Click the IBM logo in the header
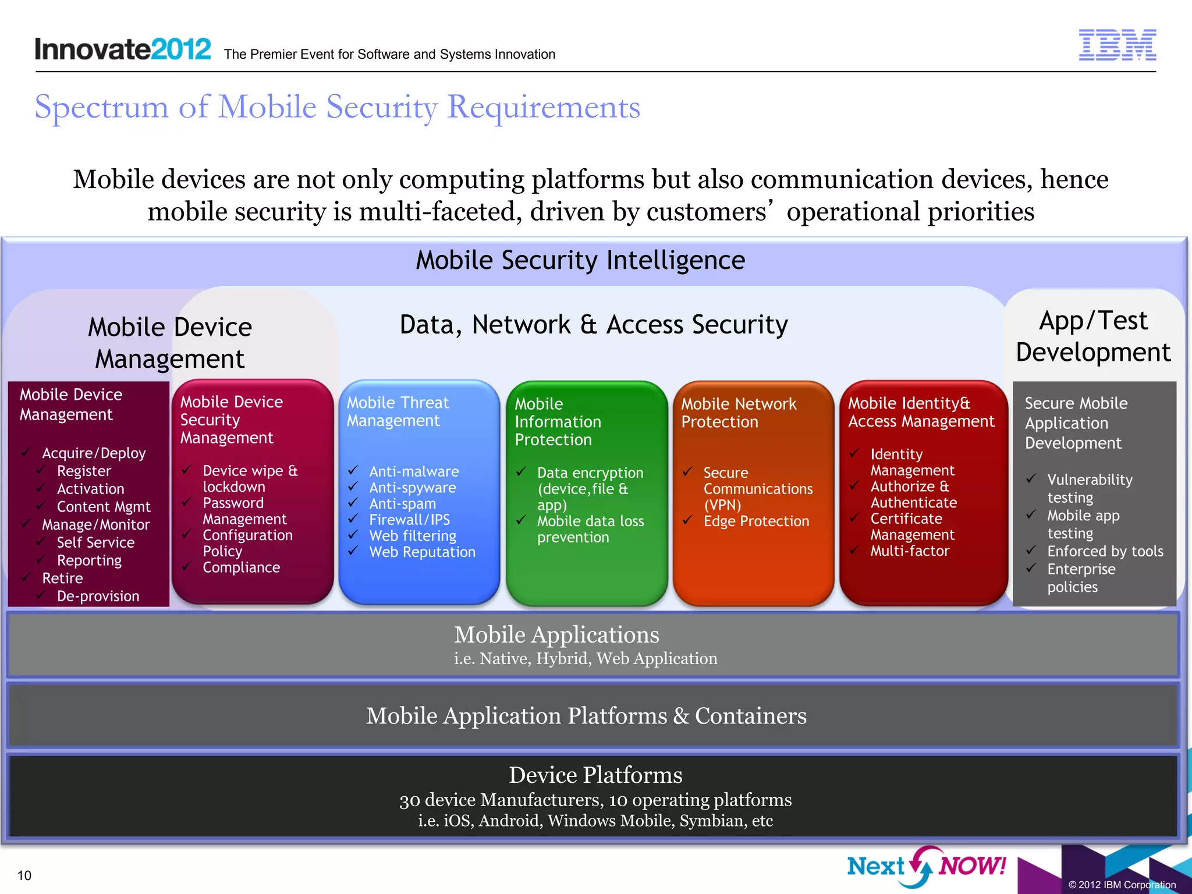pos(1117,45)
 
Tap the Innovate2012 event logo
pos(123,49)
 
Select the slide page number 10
pos(24,875)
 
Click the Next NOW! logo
pos(926,866)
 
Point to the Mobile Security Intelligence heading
pos(580,260)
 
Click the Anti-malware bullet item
pos(413,471)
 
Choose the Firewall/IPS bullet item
pos(409,520)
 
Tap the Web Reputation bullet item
pos(422,552)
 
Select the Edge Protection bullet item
pos(756,521)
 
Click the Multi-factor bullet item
pos(910,551)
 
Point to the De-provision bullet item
pos(98,596)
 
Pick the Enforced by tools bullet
pos(1105,551)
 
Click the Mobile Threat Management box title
pos(398,411)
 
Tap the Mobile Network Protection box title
pos(739,413)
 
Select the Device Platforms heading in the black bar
pos(595,775)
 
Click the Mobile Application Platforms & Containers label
pos(586,716)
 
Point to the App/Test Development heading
pos(1093,336)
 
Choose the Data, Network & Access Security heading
pos(594,325)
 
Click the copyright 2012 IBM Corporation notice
pos(1122,885)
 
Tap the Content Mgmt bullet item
pos(103,507)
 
